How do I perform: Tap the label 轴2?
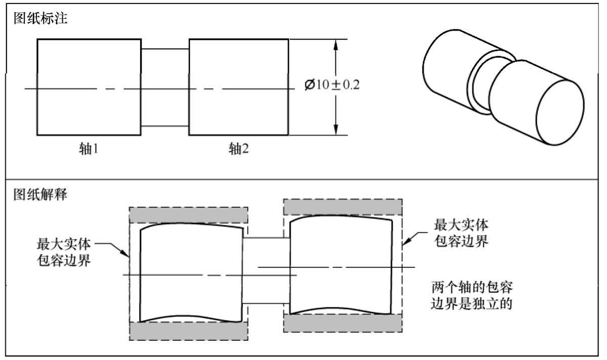click(239, 149)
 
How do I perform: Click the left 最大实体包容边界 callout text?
click(63, 252)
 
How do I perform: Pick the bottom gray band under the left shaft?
click(189, 331)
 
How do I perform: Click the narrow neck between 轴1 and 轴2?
click(165, 87)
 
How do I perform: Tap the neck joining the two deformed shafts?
click(267, 271)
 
